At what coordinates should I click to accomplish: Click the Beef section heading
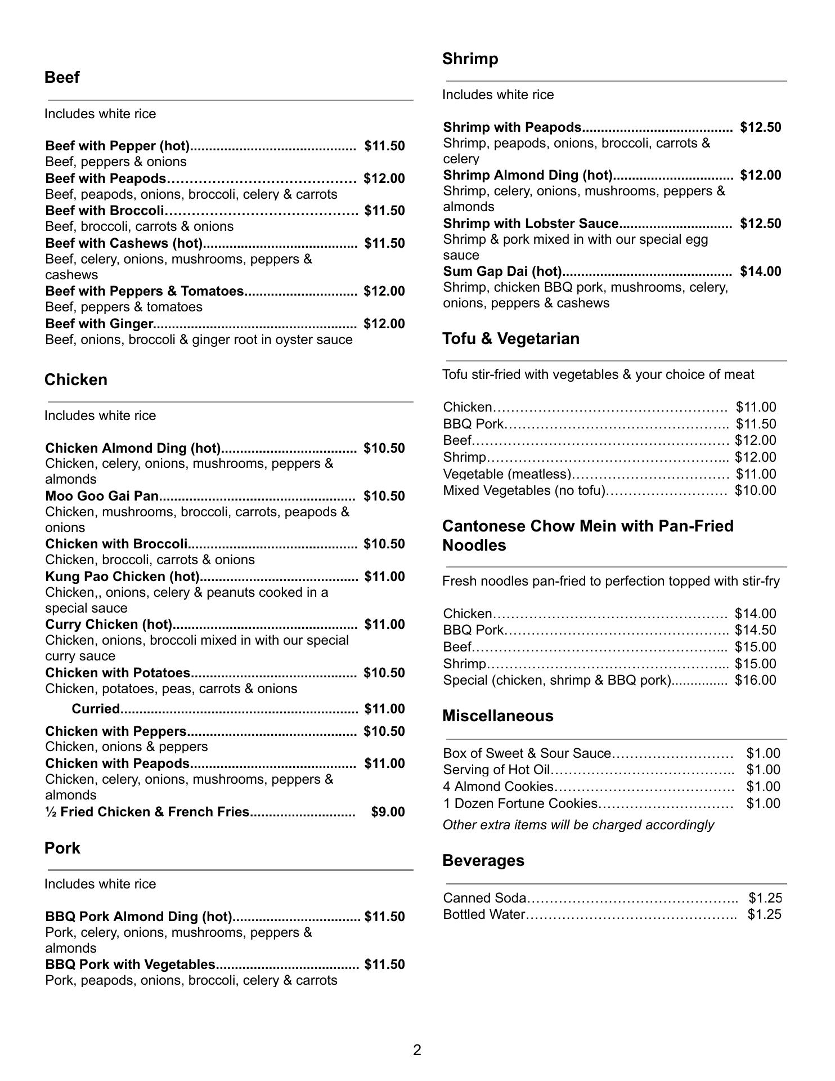pos(62,78)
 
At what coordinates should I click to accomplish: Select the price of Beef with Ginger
pos(384,324)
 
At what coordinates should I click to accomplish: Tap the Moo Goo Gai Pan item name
pos(102,496)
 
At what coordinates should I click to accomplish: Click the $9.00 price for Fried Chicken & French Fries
pos(388,812)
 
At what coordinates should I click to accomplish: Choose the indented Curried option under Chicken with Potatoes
pos(96,709)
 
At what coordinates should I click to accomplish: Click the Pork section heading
pos(62,848)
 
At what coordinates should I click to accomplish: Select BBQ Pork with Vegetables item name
pos(131,964)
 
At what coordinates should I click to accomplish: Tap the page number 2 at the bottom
pos(417,1050)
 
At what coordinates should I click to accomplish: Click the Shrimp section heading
pos(470,59)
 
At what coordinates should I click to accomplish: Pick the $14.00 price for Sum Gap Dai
pos(760,271)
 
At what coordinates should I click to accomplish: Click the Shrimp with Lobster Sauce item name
pos(531,224)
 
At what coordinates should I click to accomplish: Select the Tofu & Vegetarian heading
pos(510,339)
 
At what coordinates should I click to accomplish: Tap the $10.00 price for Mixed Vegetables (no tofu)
pos(755,490)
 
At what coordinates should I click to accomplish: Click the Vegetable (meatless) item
pos(507,474)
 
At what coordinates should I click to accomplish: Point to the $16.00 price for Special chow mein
pos(755,680)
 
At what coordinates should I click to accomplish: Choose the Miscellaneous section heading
pos(497,716)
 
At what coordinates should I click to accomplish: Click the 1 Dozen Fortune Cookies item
pos(520,803)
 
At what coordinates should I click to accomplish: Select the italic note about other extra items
pos(578,825)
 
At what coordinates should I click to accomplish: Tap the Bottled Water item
pos(484,914)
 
